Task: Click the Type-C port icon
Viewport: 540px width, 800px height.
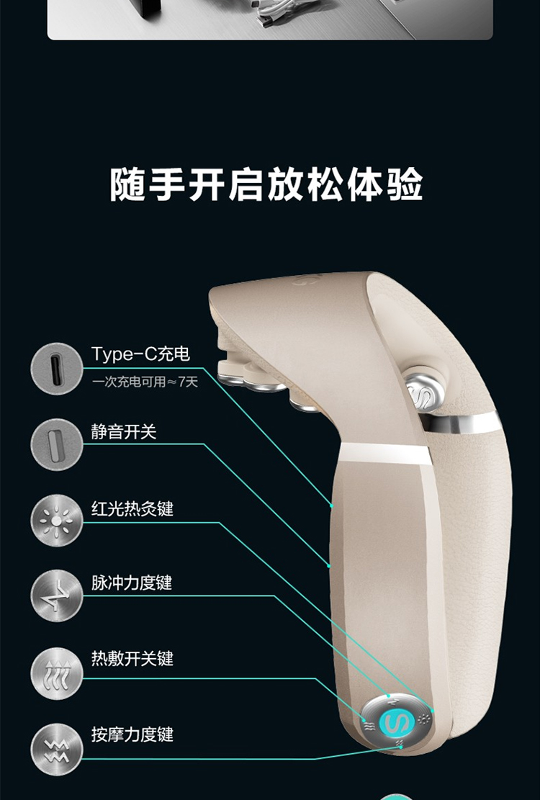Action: (56, 368)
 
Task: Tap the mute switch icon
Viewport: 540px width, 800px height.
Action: (56, 444)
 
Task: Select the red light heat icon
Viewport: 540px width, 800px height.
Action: (56, 520)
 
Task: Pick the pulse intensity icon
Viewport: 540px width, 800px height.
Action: (56, 595)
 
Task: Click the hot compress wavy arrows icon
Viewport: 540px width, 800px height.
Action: (56, 674)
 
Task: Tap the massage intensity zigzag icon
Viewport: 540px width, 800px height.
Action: (56, 750)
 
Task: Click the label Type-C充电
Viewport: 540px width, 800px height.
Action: (140, 354)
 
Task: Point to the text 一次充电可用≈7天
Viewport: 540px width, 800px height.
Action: (145, 382)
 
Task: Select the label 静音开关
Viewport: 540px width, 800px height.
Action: (124, 432)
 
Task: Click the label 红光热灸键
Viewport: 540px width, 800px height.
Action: (132, 508)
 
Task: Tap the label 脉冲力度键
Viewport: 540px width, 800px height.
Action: (132, 582)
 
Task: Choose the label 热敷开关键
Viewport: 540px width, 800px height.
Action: (132, 658)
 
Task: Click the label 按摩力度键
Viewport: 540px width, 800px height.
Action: (132, 734)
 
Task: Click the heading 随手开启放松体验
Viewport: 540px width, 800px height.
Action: (266, 184)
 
